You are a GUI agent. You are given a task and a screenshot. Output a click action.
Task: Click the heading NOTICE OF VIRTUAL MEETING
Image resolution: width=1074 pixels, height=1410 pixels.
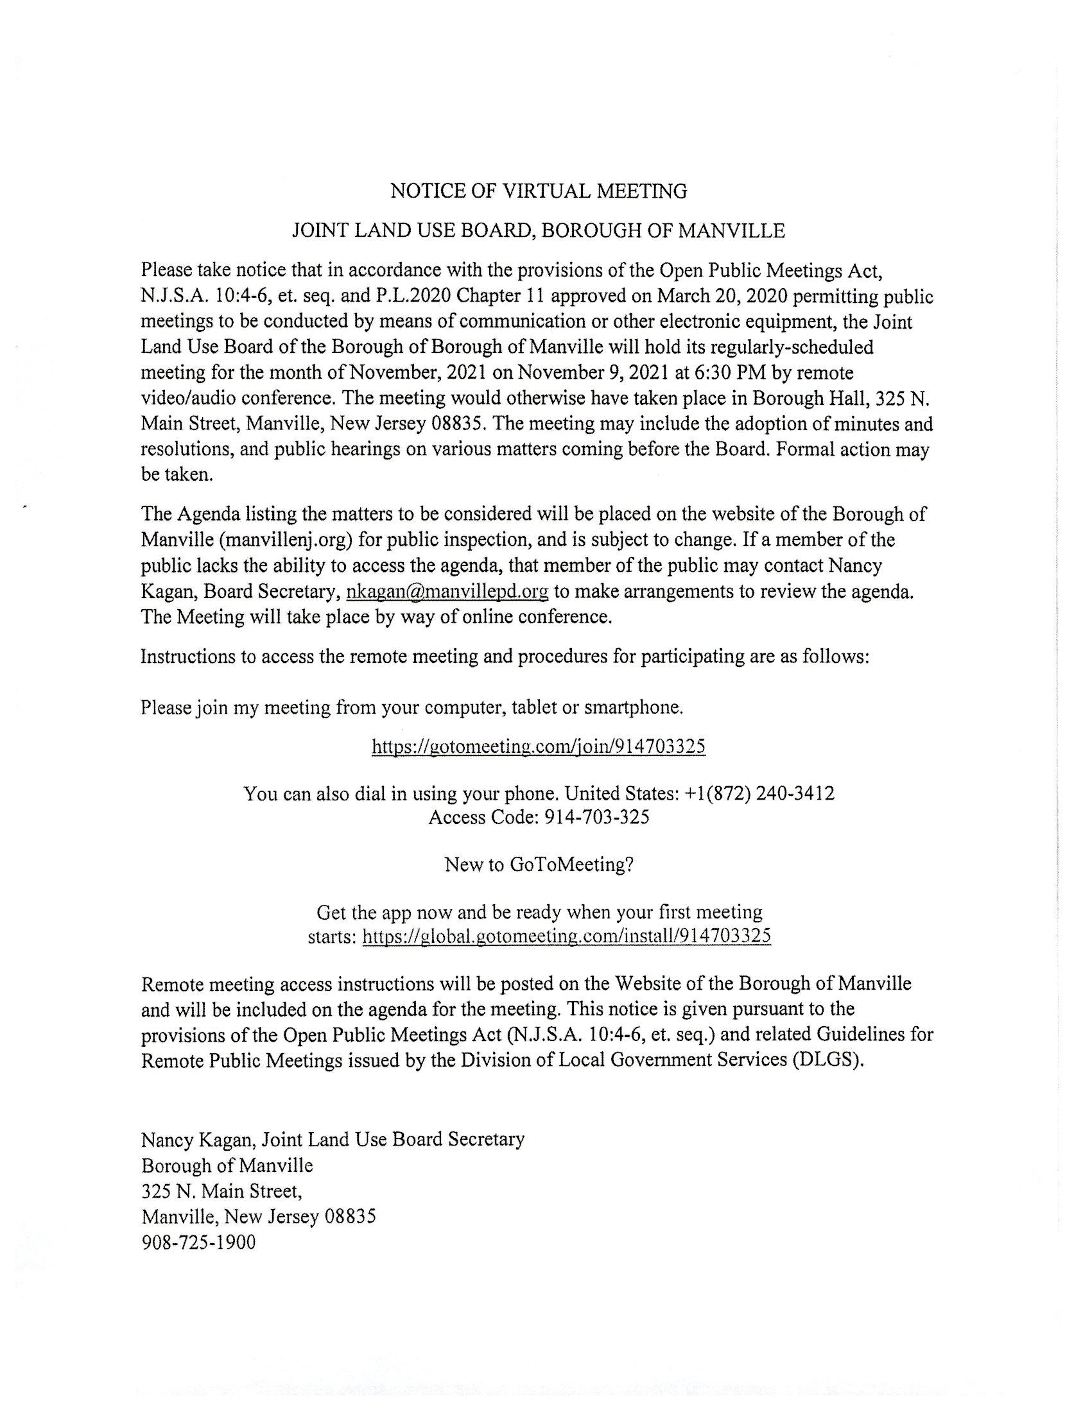pyautogui.click(x=539, y=191)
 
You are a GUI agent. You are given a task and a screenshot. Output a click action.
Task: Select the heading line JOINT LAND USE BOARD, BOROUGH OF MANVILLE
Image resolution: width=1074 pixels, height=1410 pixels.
pyautogui.click(x=539, y=231)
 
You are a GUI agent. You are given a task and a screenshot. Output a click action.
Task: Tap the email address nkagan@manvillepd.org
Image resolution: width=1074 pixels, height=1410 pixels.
pyautogui.click(x=447, y=592)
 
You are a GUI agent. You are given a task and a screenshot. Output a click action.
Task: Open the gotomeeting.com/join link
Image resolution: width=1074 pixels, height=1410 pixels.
pyautogui.click(x=539, y=746)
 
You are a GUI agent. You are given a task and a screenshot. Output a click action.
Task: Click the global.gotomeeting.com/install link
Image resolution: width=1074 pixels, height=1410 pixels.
pyautogui.click(x=566, y=936)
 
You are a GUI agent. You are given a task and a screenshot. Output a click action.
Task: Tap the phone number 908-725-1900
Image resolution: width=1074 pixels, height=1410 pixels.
pyautogui.click(x=198, y=1242)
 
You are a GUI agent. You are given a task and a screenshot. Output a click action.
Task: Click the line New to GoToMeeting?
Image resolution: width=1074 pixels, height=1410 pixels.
pyautogui.click(x=539, y=864)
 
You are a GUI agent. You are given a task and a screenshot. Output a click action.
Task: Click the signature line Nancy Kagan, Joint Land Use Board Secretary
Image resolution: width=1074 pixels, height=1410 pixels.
pyautogui.click(x=333, y=1139)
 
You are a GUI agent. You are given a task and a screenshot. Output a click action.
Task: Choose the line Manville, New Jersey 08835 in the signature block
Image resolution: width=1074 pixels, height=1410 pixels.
pyautogui.click(x=258, y=1216)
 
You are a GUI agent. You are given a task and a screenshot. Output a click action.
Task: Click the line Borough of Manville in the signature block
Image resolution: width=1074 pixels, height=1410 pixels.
pyautogui.click(x=227, y=1165)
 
